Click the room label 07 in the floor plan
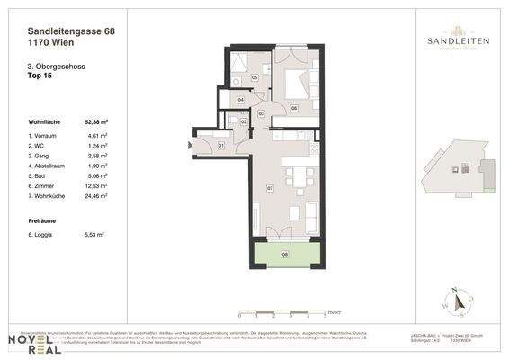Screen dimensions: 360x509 [269, 188]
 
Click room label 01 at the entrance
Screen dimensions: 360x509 [220, 145]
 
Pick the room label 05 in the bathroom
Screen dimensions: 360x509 [254, 78]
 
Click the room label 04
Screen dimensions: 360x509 [239, 100]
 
